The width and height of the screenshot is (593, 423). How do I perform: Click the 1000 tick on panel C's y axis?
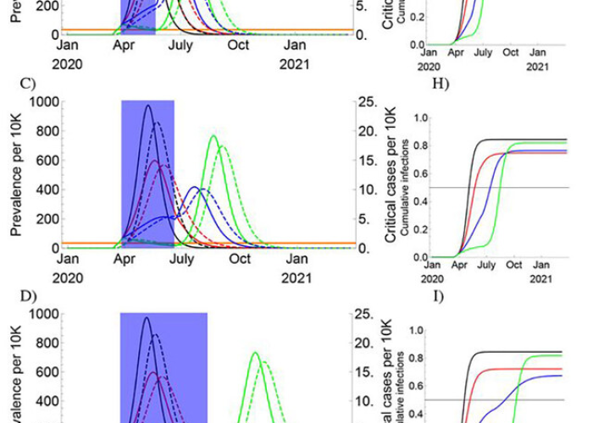[43, 102]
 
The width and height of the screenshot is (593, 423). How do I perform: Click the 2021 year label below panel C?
[296, 277]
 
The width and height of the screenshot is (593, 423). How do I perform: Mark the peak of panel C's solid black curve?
[147, 106]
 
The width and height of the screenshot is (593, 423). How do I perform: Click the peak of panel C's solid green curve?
[213, 135]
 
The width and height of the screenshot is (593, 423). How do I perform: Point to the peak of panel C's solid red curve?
[154, 161]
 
